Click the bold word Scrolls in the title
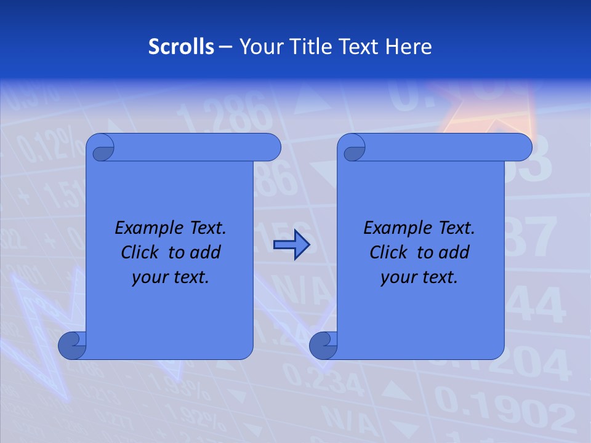pyautogui.click(x=182, y=47)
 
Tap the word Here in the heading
pyautogui.click(x=409, y=47)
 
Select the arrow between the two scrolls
pyautogui.click(x=291, y=245)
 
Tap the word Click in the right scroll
pyautogui.click(x=389, y=252)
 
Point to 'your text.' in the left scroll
pyautogui.click(x=171, y=277)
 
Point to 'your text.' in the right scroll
pyautogui.click(x=419, y=277)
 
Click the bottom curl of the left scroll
pyautogui.click(x=72, y=345)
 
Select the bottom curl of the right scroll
pyautogui.click(x=323, y=345)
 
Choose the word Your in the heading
pyautogui.click(x=260, y=47)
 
